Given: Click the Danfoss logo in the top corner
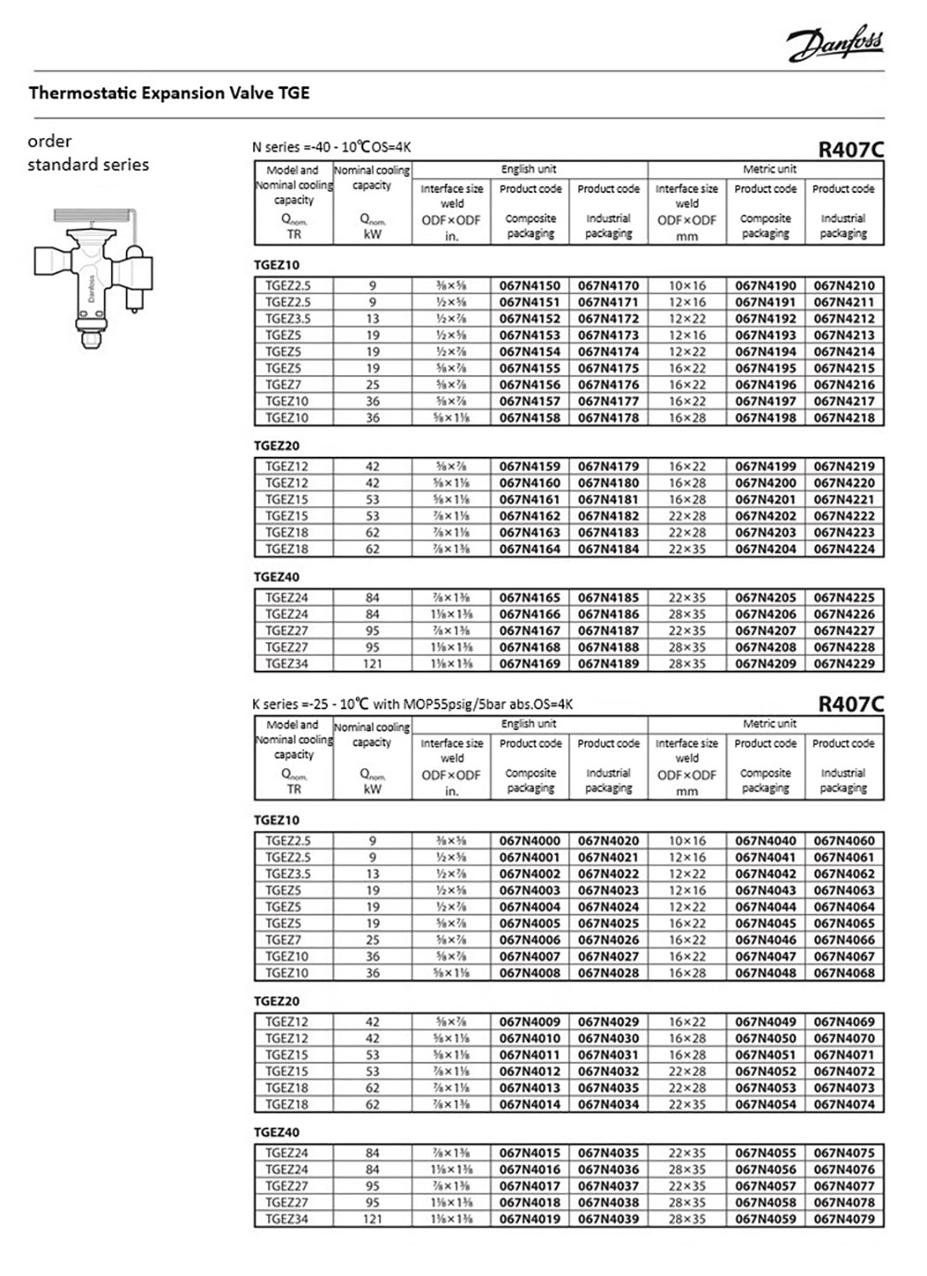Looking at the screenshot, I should tap(835, 43).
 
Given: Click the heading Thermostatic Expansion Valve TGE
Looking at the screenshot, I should tap(170, 93).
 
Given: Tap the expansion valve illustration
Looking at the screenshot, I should tap(94, 274).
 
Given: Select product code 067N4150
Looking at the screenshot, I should tap(529, 285).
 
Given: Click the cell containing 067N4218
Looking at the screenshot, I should tap(844, 418).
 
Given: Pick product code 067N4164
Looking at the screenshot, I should tap(529, 549).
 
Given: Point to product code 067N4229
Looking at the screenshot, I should tap(844, 663).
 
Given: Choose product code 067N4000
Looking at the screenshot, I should tap(529, 840).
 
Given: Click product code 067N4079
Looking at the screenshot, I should tap(844, 1219).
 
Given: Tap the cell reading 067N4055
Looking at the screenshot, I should tap(766, 1153).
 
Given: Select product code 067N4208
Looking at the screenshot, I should tap(766, 647).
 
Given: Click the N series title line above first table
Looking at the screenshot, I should tap(331, 147).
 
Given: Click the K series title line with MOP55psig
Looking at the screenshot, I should tap(413, 704).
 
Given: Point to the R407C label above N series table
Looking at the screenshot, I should tap(850, 148).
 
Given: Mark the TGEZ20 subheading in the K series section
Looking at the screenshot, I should tap(277, 1001).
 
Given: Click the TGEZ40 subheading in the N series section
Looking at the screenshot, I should tap(277, 576).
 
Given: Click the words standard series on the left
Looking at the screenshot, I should tap(88, 165).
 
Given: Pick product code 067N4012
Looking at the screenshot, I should tap(529, 1071).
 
